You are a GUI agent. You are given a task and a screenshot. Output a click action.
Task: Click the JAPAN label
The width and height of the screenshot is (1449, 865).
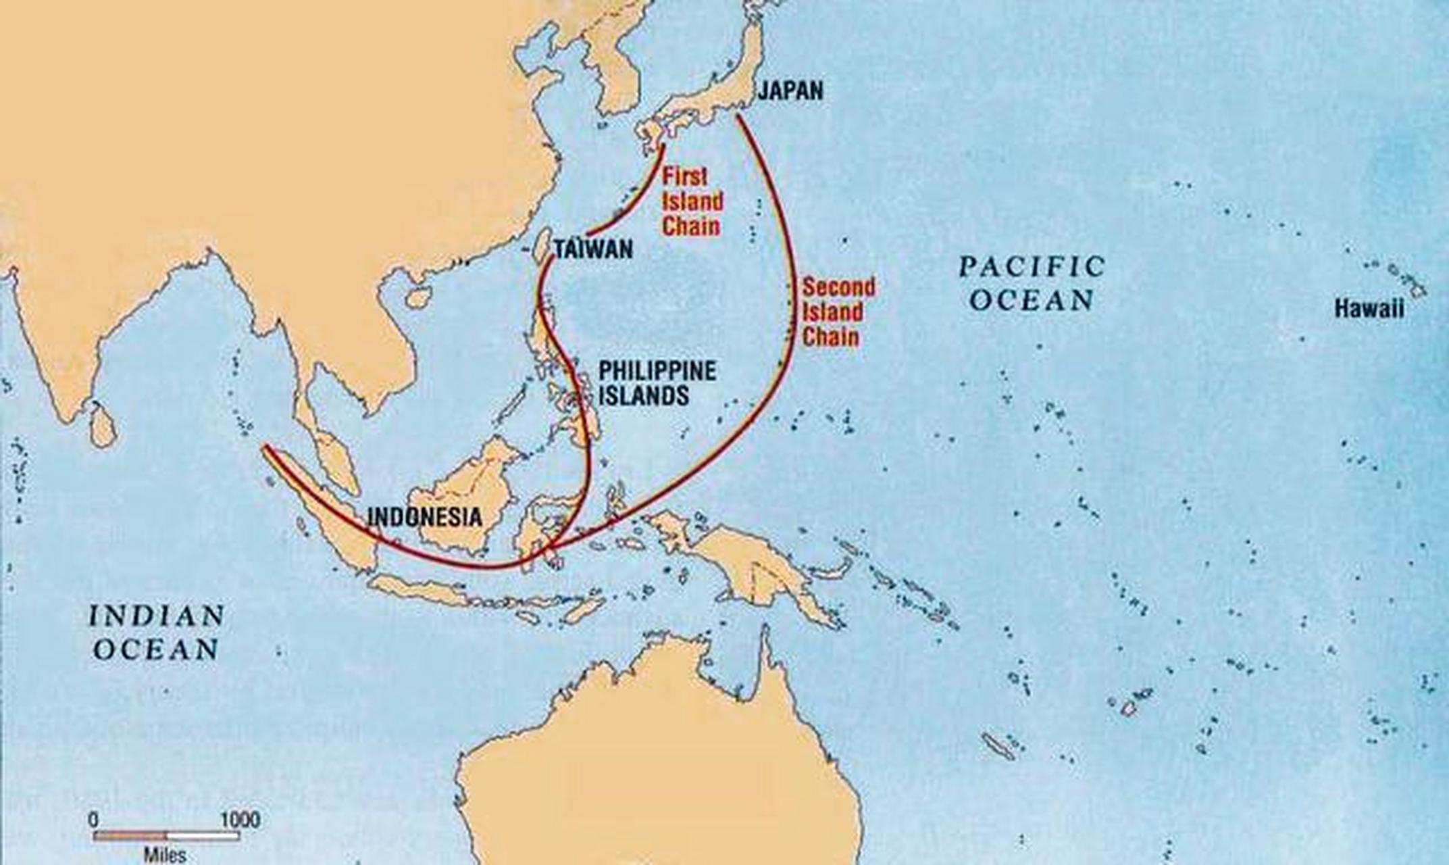(x=790, y=91)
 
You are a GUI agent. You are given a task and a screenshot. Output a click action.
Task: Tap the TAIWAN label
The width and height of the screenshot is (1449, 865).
(x=593, y=249)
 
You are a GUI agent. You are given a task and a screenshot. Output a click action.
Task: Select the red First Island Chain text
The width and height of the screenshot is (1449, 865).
(x=692, y=201)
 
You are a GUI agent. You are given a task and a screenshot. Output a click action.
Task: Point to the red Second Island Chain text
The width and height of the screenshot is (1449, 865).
(x=838, y=312)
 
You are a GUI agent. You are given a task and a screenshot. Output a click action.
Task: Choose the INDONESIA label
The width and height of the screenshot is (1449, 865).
(x=424, y=518)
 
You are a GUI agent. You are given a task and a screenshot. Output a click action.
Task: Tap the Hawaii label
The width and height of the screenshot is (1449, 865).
(x=1369, y=310)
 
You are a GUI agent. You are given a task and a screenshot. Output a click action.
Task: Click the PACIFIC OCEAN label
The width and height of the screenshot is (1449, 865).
(x=1032, y=283)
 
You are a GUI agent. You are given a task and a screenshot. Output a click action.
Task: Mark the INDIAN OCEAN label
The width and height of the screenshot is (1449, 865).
(x=157, y=633)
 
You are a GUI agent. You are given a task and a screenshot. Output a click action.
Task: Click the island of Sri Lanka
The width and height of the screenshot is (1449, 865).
(x=103, y=426)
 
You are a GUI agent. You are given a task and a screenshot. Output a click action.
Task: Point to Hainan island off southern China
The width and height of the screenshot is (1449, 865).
(x=419, y=297)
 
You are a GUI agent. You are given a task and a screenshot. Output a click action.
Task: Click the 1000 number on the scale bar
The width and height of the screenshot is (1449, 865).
(x=240, y=820)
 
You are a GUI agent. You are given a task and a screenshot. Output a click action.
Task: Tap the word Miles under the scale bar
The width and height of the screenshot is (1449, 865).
(x=165, y=855)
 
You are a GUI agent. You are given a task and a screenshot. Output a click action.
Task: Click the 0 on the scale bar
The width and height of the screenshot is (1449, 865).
(x=94, y=820)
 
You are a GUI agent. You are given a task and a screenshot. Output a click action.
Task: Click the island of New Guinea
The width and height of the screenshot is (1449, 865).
(x=757, y=568)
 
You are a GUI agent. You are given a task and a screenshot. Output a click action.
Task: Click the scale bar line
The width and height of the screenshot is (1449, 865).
(x=166, y=837)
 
